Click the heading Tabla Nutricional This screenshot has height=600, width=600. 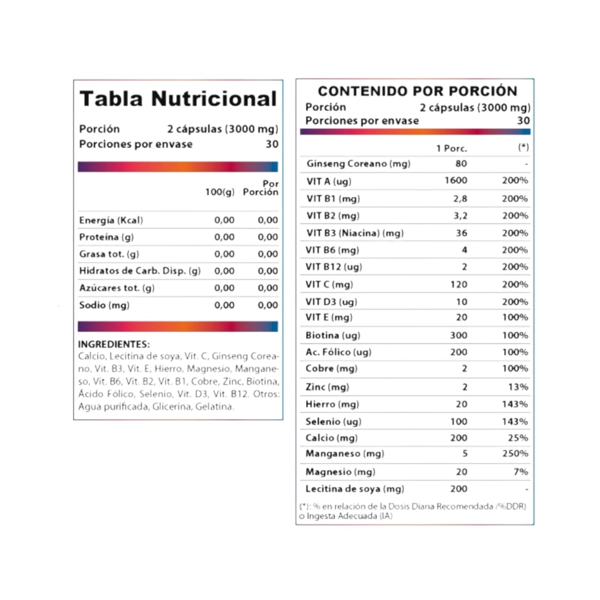point(178,99)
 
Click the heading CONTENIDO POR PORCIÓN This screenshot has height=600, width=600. point(417,91)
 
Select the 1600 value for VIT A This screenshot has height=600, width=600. point(456,181)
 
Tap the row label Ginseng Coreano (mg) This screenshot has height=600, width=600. point(358,164)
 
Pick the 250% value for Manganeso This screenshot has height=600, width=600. point(515,453)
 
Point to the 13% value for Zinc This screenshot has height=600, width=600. point(518,387)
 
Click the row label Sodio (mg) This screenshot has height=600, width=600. point(104,305)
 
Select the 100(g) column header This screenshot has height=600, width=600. point(220,192)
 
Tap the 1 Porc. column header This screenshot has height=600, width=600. point(451,148)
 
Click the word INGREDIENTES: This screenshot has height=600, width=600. point(114,344)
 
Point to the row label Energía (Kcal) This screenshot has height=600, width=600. point(111,220)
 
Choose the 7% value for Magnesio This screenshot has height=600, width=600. point(521,472)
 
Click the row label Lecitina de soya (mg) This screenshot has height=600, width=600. point(355,489)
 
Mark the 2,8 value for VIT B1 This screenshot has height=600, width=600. point(460,198)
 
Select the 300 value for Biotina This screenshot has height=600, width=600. point(458,335)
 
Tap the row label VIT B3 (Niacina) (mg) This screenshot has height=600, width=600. point(355,233)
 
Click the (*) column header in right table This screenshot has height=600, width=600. point(523,147)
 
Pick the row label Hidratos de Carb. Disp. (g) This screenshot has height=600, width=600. point(140,271)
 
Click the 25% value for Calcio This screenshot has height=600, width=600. point(518,438)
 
